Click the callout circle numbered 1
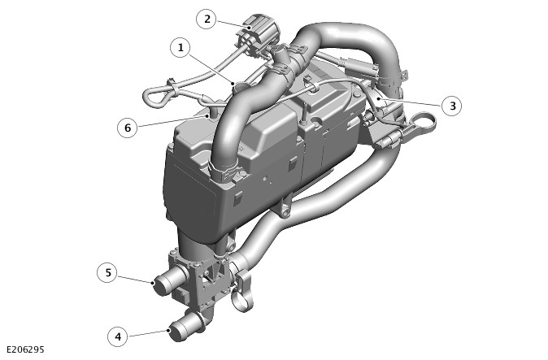point(180,47)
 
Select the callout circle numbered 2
point(207,19)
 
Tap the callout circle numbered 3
point(452,106)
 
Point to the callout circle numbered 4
point(118,336)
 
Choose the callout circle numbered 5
point(107,272)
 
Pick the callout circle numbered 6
point(128,128)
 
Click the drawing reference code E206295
point(25,349)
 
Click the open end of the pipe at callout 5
point(162,285)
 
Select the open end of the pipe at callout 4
point(178,331)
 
